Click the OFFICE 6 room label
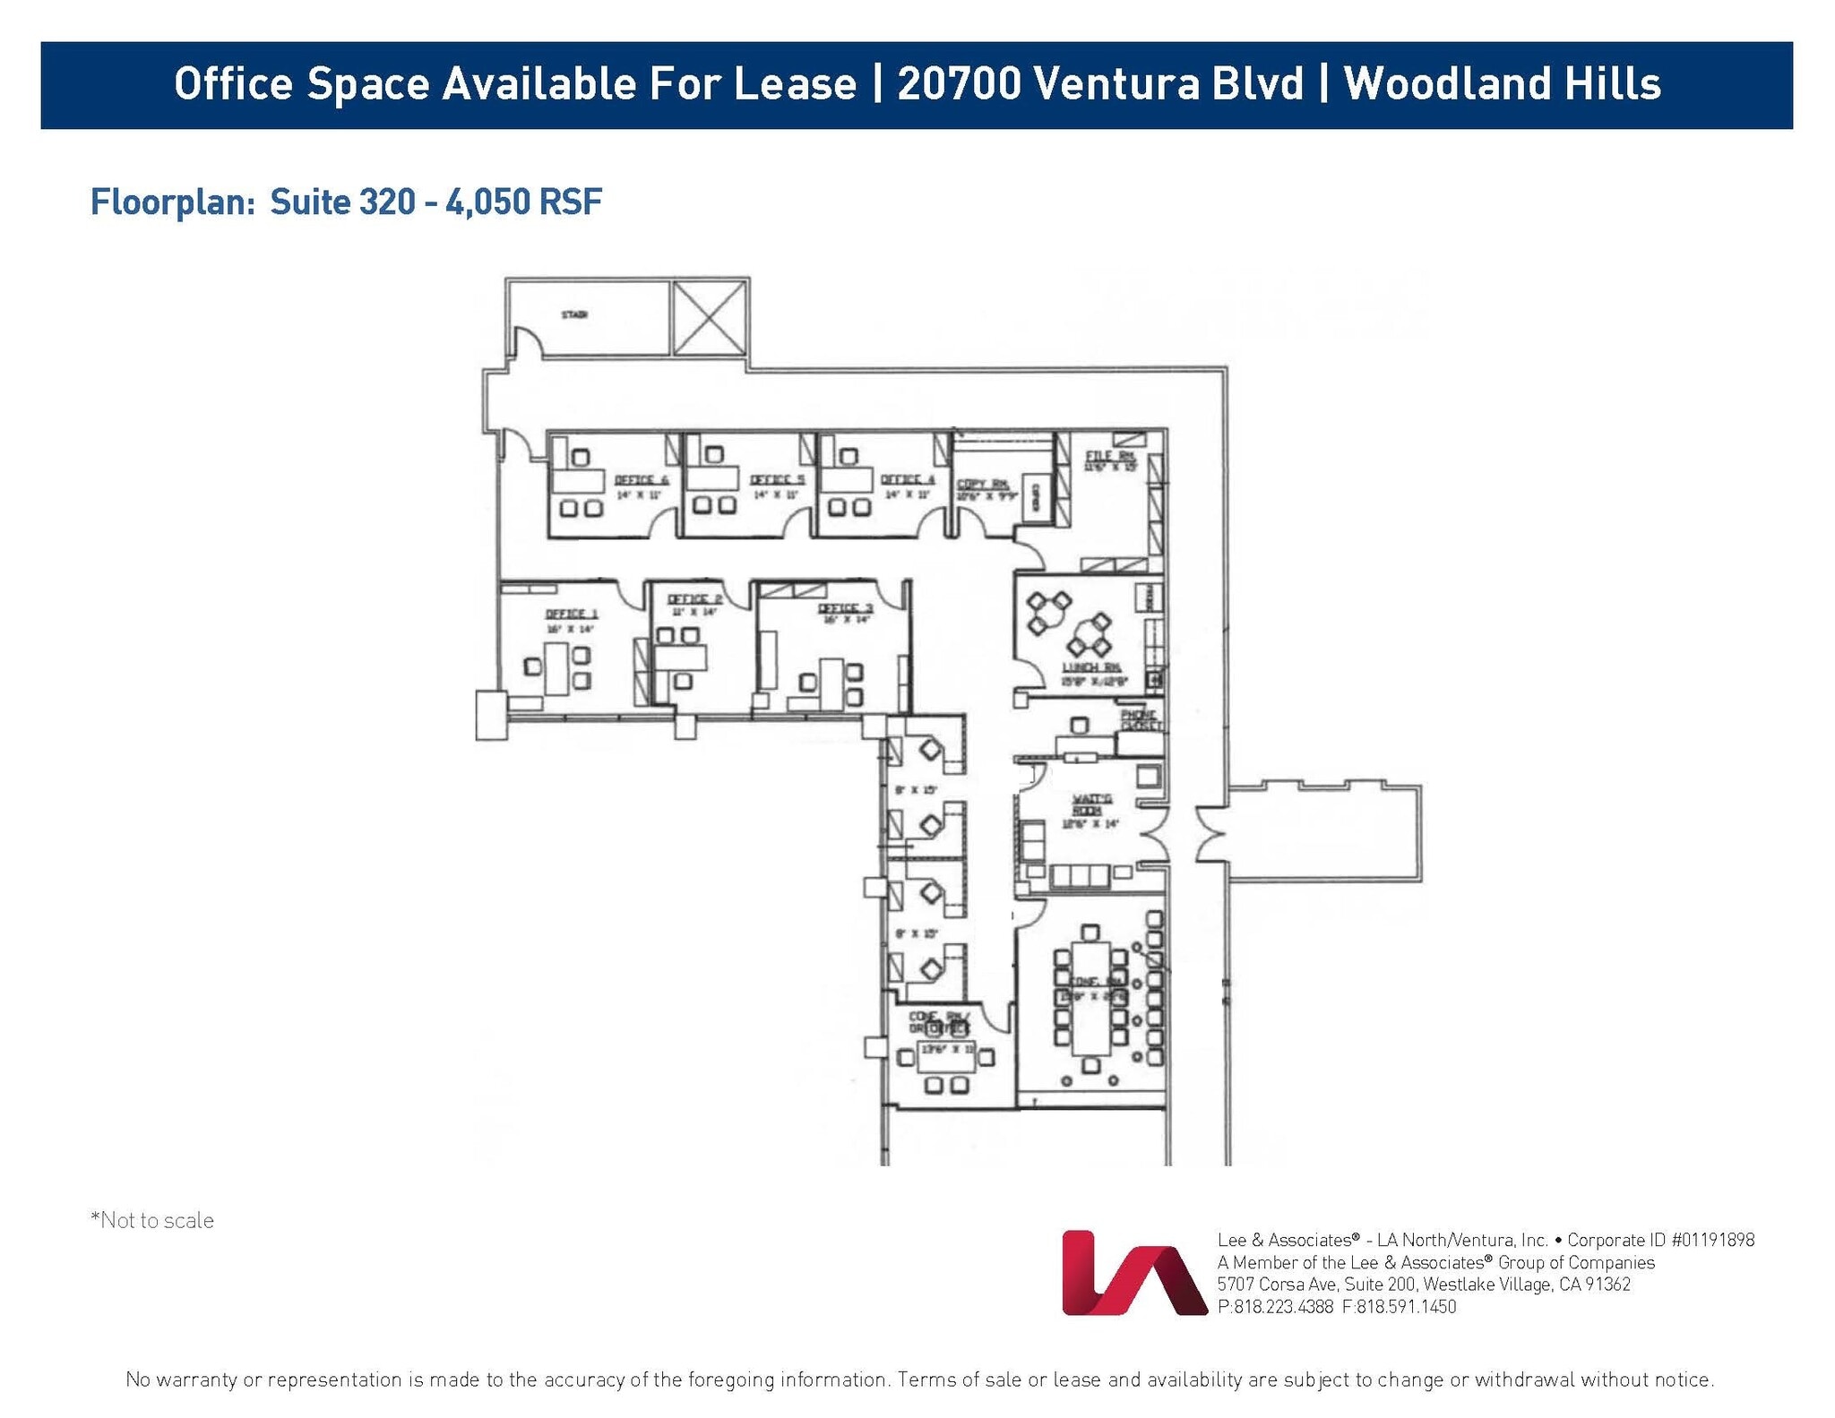click(641, 480)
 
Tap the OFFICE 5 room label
click(777, 480)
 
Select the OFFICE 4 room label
click(908, 480)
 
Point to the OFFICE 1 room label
click(572, 614)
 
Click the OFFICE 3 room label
click(845, 609)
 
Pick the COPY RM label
click(983, 485)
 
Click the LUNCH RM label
click(1091, 667)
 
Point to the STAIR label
click(574, 314)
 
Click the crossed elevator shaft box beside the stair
click(710, 318)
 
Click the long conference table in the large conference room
click(1090, 999)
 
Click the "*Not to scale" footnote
click(152, 1221)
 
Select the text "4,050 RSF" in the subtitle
click(523, 202)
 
